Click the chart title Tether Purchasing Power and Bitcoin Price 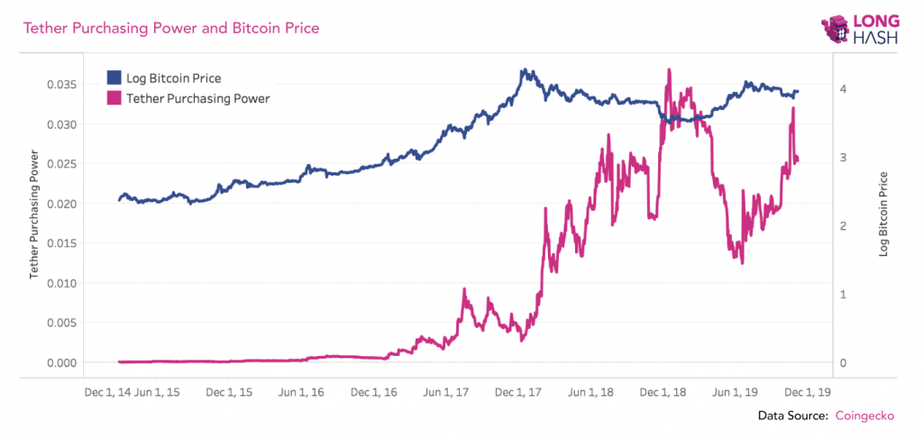[x=170, y=29]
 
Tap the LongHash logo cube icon [x=836, y=30]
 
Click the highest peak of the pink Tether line [x=668, y=69]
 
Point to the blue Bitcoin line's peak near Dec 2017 [x=524, y=69]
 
